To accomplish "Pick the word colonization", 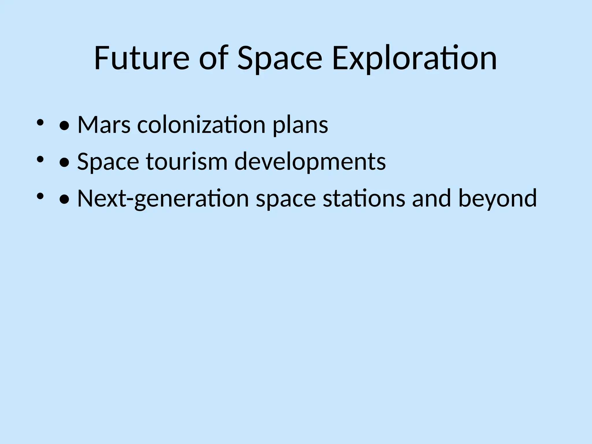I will pyautogui.click(x=201, y=125).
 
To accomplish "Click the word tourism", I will pyautogui.click(x=187, y=162).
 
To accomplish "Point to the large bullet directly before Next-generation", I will pyautogui.click(x=64, y=199).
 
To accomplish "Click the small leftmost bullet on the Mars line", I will pyautogui.click(x=40, y=123).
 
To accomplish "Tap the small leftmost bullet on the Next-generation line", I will pyautogui.click(x=40, y=196).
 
